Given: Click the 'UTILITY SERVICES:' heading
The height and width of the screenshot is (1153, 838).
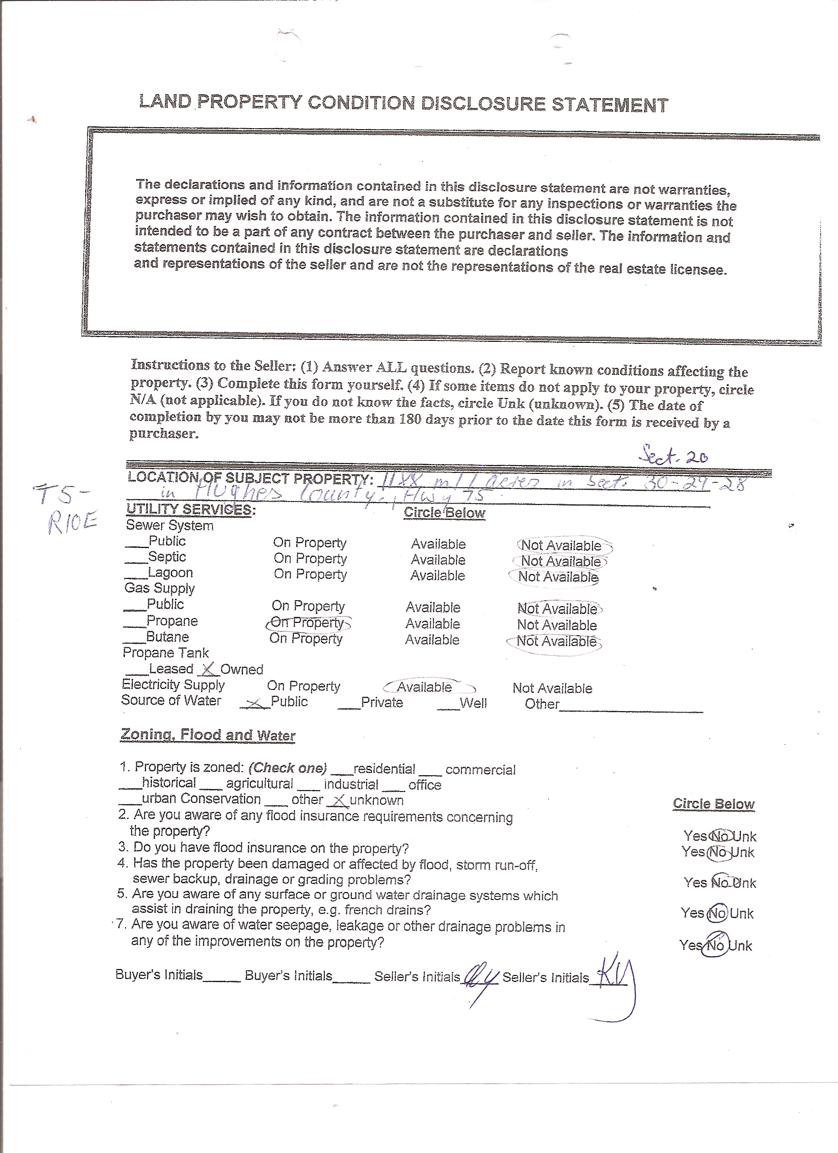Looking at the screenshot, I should coord(191,509).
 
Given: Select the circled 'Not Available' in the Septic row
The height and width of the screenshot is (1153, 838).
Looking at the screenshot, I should coord(561,561).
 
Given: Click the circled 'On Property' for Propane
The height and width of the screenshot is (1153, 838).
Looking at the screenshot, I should coord(308,623).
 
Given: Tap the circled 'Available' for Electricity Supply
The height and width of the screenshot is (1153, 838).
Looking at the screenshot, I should coord(424,687).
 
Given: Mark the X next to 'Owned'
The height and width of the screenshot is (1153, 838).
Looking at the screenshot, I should coord(208,669).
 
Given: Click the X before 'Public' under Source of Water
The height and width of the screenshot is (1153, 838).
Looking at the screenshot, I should coord(256,703).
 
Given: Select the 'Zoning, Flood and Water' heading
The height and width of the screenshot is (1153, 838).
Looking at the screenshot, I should coord(208,735).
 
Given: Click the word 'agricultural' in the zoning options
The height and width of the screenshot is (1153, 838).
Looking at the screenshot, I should coord(260,784).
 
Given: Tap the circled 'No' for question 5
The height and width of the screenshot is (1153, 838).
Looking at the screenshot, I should coord(717,913).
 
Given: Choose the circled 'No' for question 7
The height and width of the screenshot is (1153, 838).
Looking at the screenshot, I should coord(715,945).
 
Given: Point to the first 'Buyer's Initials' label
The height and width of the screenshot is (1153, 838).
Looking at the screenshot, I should coord(159,974).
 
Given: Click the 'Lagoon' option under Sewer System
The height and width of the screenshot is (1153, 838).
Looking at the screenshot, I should coord(170,573).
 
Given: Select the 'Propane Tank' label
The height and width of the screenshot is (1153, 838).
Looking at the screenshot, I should coord(166,653).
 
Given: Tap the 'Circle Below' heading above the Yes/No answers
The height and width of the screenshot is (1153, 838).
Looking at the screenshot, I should coord(713,804).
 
